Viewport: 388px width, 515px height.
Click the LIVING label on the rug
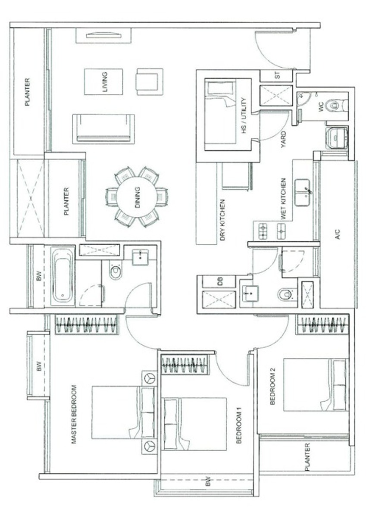(x=105, y=82)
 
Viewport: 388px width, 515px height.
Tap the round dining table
(x=137, y=197)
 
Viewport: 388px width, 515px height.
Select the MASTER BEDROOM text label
(x=74, y=415)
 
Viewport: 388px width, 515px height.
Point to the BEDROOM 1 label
(x=239, y=426)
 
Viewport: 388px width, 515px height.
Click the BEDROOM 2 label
(x=272, y=386)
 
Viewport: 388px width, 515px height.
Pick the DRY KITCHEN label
(x=222, y=220)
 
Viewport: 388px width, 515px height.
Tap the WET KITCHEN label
(x=283, y=199)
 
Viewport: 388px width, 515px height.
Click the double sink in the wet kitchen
(x=302, y=193)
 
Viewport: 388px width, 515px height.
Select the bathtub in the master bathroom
(x=63, y=275)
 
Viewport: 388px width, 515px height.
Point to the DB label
(x=221, y=281)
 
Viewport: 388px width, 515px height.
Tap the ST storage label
(x=278, y=75)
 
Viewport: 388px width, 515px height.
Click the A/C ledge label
(x=338, y=234)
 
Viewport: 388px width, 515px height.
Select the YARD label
(x=284, y=139)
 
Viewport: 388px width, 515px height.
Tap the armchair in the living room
(x=150, y=81)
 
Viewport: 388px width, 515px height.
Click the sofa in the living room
(x=103, y=129)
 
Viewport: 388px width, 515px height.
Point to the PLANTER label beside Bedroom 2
(x=307, y=457)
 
